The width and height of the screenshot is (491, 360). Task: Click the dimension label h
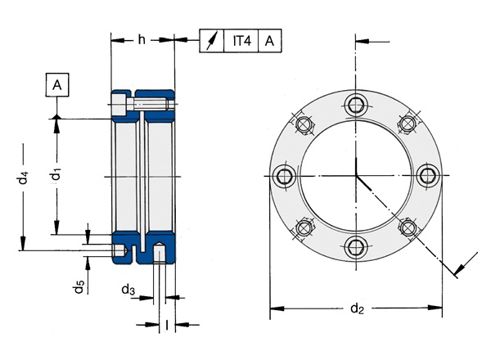click(x=142, y=39)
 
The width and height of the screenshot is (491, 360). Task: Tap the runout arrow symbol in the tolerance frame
click(x=214, y=40)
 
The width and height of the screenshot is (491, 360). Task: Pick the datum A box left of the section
click(x=57, y=84)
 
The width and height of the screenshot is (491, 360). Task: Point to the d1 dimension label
click(x=55, y=173)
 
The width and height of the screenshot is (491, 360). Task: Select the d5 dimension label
click(x=79, y=287)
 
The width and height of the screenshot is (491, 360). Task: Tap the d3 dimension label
click(x=128, y=290)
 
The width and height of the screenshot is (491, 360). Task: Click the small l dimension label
click(x=167, y=325)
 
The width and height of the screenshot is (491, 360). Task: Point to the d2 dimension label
click(x=356, y=308)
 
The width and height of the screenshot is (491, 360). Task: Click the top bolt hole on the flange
click(x=356, y=103)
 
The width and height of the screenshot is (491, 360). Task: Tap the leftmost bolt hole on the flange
click(x=285, y=174)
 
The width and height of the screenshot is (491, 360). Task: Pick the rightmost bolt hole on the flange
click(x=427, y=174)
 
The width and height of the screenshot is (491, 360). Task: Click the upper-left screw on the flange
click(x=305, y=124)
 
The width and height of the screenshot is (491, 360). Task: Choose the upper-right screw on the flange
click(x=407, y=124)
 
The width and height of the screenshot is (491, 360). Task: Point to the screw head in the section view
click(x=119, y=106)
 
